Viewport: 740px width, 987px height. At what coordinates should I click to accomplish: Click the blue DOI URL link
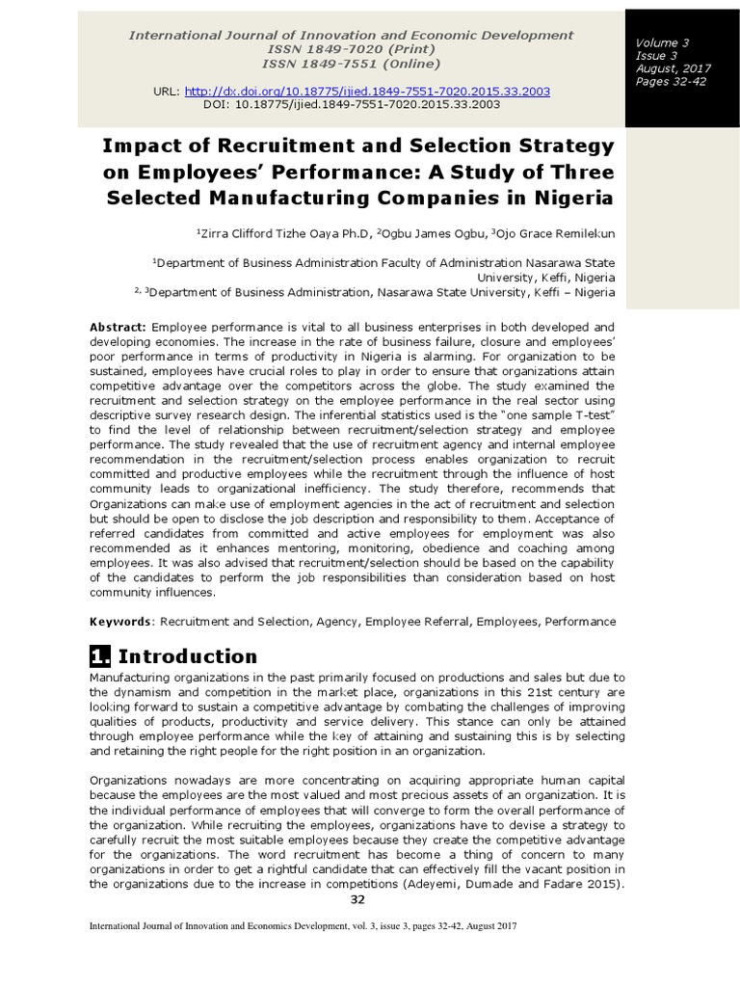[367, 92]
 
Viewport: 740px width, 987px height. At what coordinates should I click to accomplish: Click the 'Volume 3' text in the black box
[660, 43]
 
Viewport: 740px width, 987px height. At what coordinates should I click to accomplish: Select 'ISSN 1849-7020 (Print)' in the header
[352, 50]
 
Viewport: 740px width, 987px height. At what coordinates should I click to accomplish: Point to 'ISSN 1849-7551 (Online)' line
[352, 65]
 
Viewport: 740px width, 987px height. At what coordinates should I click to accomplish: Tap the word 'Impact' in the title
[141, 147]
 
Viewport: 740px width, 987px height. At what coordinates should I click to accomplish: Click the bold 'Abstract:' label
[118, 327]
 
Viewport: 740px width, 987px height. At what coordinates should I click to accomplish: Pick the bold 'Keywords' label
[120, 622]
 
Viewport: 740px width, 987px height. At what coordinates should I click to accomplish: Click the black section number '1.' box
[100, 656]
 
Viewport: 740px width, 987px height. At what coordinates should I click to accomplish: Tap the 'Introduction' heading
[187, 656]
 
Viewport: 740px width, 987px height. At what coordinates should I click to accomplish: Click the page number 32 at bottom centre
[357, 899]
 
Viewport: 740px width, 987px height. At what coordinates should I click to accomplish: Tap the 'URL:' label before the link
[167, 92]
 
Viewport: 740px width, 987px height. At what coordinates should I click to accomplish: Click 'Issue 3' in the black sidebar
[654, 57]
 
